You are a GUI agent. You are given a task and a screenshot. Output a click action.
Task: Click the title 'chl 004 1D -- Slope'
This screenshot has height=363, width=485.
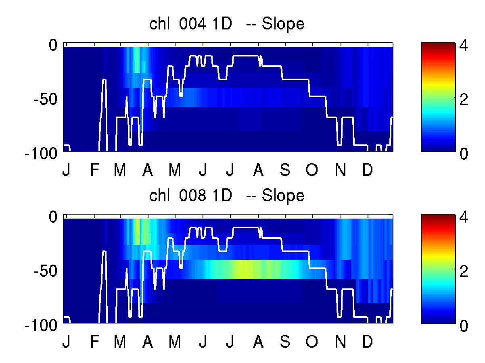(226, 25)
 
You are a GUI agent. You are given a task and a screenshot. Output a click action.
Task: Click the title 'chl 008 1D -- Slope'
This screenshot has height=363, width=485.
(226, 196)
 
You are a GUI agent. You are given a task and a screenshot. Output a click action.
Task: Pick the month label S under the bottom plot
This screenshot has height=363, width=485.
(285, 342)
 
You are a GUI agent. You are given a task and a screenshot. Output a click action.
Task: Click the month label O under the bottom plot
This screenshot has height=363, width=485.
(311, 342)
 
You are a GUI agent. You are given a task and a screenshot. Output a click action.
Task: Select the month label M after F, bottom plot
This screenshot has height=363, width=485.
(120, 342)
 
